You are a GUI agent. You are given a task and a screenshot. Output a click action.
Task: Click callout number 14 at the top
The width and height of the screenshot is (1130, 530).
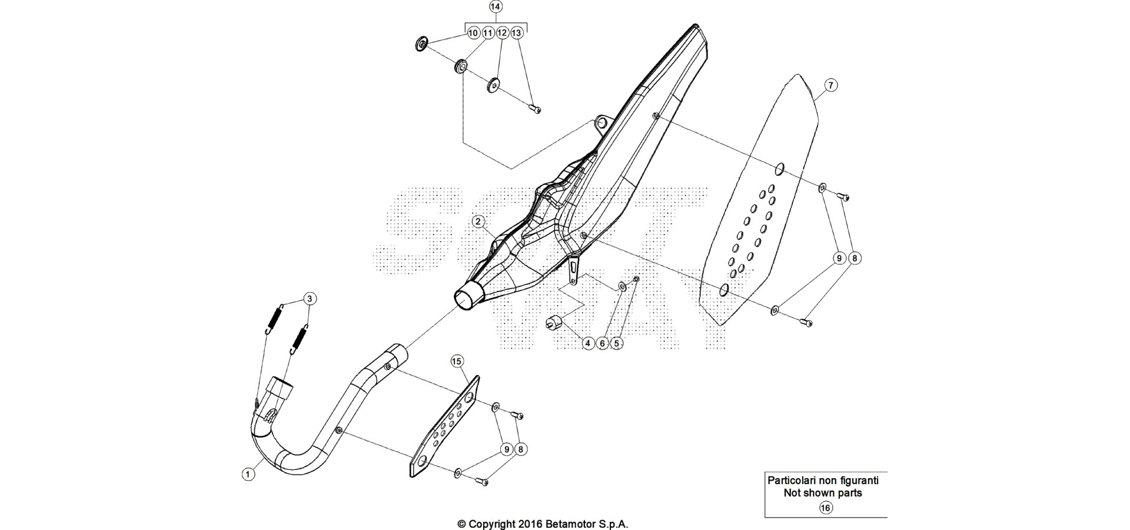(496, 7)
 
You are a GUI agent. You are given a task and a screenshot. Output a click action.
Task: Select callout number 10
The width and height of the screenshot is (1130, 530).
(473, 33)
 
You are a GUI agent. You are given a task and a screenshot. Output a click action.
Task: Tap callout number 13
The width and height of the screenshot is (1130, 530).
(516, 33)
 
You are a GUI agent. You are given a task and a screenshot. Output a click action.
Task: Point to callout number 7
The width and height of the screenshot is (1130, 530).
(830, 85)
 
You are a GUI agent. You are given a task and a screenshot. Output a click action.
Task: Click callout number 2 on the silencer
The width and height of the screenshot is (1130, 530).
(478, 222)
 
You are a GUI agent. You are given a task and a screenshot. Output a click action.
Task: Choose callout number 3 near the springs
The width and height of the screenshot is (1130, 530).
(310, 299)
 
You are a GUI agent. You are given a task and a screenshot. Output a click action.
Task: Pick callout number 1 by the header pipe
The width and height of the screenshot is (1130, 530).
(249, 473)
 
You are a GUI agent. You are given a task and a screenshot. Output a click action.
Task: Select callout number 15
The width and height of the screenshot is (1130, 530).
(457, 361)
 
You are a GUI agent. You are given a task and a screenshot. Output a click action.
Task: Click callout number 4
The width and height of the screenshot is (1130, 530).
(587, 343)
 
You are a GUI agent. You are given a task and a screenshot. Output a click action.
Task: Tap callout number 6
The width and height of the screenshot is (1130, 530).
(602, 343)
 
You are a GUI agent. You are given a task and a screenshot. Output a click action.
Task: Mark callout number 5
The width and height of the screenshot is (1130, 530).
(616, 343)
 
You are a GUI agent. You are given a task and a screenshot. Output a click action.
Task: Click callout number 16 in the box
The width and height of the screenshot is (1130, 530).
(826, 508)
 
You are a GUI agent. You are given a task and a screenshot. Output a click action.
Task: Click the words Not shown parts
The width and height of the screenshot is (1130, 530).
(823, 493)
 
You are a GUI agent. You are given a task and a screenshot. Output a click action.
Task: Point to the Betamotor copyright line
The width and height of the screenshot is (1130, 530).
(543, 524)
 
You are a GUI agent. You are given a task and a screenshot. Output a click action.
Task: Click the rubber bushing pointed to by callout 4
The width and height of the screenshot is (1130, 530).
(554, 323)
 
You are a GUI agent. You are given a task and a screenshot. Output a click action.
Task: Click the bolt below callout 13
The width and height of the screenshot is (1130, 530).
(535, 108)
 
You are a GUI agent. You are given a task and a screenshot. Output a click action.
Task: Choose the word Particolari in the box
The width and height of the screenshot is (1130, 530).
(792, 480)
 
